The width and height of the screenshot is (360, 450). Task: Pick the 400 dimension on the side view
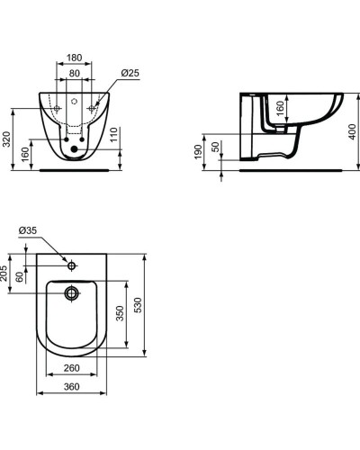[350, 130]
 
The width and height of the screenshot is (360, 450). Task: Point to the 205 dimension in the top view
[5, 273]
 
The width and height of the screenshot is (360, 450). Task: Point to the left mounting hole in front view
[57, 109]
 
